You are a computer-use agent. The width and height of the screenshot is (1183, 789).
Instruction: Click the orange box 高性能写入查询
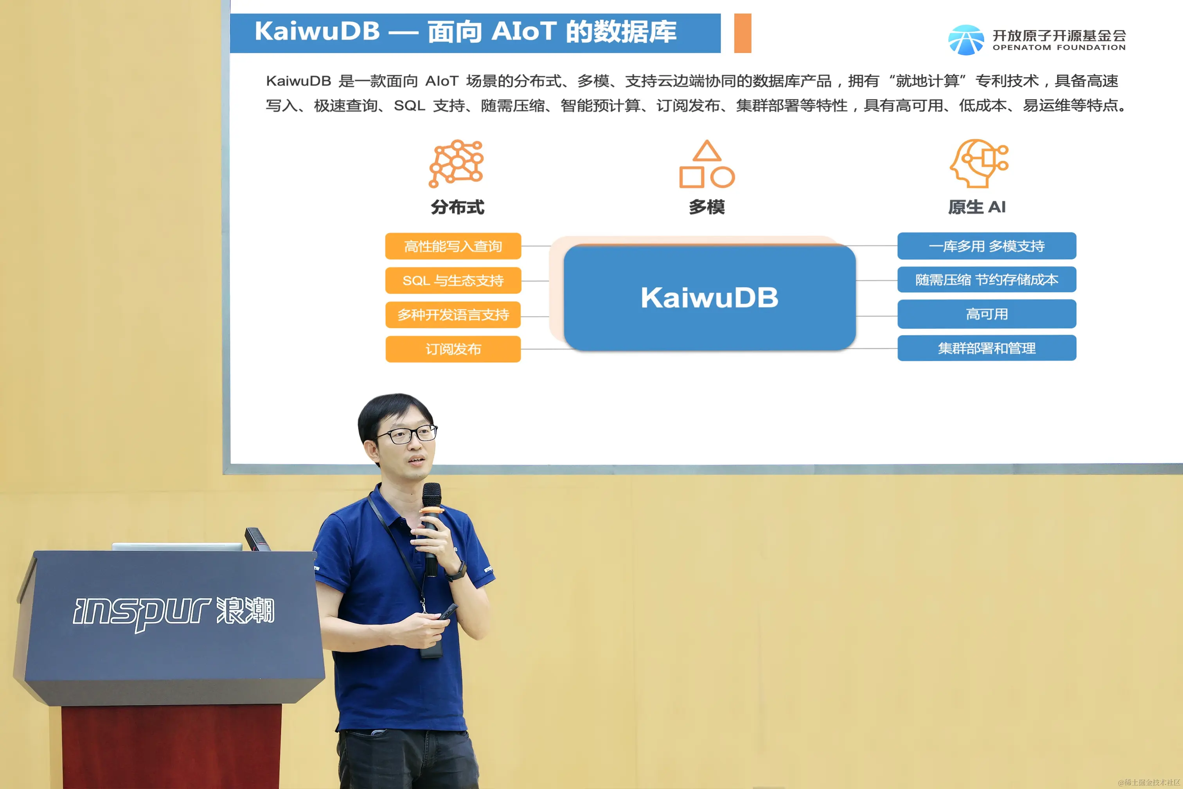[453, 246]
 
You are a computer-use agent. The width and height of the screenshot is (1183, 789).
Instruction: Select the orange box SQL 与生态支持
[453, 280]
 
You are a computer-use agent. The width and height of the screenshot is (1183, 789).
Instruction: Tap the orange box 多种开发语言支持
[453, 315]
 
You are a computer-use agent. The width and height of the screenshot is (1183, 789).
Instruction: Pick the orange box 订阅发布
[453, 349]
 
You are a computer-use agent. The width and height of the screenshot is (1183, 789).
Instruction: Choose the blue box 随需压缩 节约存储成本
[987, 279]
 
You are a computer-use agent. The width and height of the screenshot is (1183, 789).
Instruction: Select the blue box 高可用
[987, 314]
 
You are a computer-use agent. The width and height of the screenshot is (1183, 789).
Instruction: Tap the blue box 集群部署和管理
[987, 348]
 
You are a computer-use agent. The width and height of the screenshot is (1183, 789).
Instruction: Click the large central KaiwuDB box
[710, 297]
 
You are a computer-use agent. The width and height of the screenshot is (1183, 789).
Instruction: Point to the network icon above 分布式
[456, 163]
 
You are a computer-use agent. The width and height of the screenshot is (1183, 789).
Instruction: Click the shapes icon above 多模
[707, 164]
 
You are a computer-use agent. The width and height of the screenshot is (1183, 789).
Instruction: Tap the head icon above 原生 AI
[979, 163]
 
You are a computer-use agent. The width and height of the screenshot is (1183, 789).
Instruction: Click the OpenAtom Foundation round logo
[966, 40]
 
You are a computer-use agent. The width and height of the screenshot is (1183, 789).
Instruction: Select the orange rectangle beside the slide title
[743, 33]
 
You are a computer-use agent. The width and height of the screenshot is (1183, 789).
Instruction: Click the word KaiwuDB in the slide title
[317, 31]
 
